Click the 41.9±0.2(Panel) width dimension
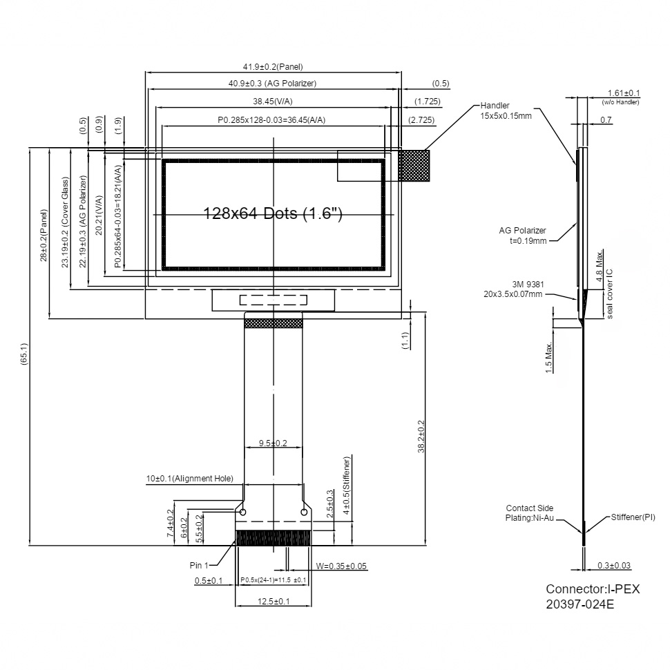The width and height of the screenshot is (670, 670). [x=273, y=67]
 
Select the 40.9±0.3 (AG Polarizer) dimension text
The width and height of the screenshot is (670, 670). [x=273, y=84]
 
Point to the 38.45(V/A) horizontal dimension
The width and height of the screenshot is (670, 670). [x=272, y=102]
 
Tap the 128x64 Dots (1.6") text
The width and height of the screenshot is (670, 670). [x=274, y=213]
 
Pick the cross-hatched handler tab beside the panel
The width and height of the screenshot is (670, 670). [x=414, y=166]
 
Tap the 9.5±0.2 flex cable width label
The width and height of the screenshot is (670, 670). [x=273, y=443]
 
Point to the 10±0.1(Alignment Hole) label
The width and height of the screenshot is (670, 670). [x=189, y=478]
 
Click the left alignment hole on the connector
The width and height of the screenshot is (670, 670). [x=242, y=512]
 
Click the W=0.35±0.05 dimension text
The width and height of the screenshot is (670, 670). [x=341, y=566]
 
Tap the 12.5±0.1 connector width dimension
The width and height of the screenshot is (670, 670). [x=273, y=602]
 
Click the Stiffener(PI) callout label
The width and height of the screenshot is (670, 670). [x=633, y=517]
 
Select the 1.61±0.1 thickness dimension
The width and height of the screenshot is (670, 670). [x=624, y=93]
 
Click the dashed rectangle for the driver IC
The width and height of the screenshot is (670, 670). [x=274, y=300]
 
